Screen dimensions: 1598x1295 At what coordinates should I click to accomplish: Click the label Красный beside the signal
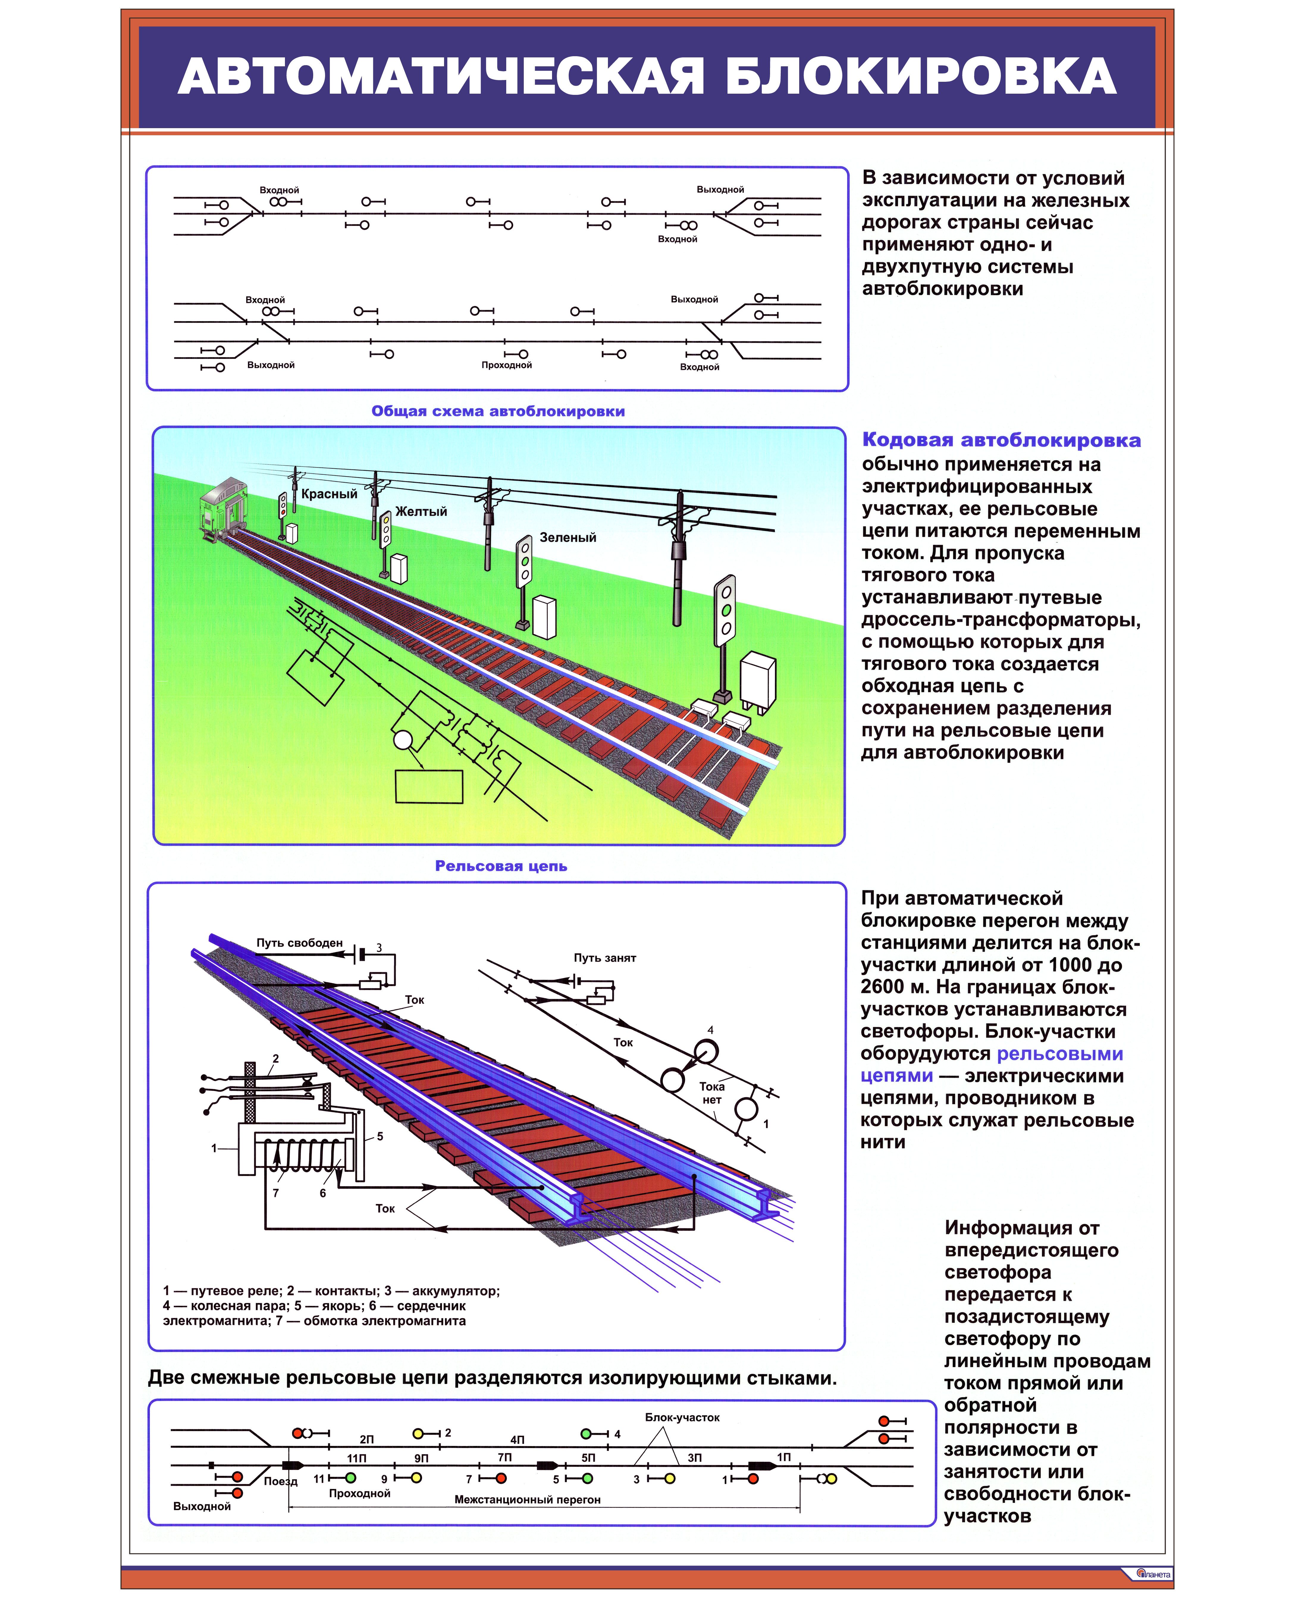click(329, 494)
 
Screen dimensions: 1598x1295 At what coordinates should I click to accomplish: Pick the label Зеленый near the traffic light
click(568, 538)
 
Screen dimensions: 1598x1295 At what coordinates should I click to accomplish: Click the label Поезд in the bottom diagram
click(280, 1481)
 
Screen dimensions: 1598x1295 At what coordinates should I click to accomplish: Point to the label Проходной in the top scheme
click(507, 365)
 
